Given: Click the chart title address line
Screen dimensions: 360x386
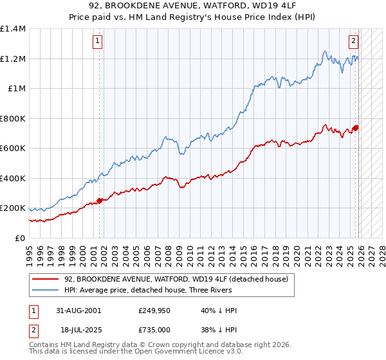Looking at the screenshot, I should [x=193, y=6].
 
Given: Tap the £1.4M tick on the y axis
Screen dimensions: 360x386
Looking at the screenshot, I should [x=13, y=29].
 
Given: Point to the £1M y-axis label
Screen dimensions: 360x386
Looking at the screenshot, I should [x=16, y=89].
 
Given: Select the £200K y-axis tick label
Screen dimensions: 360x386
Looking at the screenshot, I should [x=13, y=208].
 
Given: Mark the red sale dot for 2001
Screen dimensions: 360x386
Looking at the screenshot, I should [x=99, y=201].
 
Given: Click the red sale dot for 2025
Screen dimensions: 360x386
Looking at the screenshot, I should [x=356, y=127].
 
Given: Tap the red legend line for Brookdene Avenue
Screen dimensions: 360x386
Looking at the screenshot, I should [x=46, y=279].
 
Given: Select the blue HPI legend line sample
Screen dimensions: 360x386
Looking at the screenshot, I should [x=46, y=290].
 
